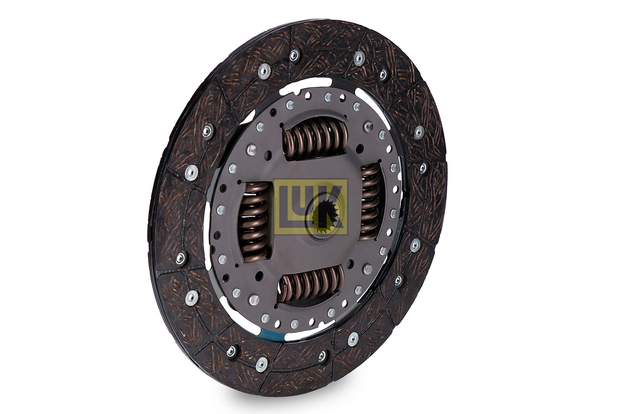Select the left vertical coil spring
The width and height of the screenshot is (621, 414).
click(254, 221)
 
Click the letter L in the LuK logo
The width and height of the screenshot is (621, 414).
click(287, 207)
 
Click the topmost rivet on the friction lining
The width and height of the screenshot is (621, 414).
click(294, 55)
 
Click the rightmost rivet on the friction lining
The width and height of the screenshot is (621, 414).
click(423, 168)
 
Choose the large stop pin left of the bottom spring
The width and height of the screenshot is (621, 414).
click(254, 299)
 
